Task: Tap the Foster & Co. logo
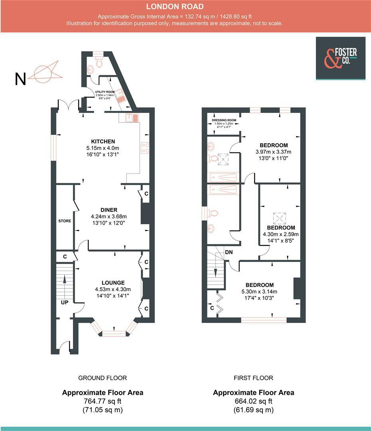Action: click(x=341, y=58)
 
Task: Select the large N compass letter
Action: click(x=20, y=79)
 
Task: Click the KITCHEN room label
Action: click(x=103, y=141)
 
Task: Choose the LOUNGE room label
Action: click(x=112, y=283)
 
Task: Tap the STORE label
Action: click(x=65, y=221)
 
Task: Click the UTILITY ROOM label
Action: click(x=105, y=92)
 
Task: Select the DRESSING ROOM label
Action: click(x=224, y=120)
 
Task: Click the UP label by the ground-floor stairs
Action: click(x=64, y=302)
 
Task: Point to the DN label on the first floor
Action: click(x=229, y=252)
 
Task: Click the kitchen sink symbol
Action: click(x=130, y=117)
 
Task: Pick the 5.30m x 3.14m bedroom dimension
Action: click(x=259, y=291)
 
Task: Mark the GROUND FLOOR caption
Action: click(x=103, y=378)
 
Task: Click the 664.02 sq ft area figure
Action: click(x=253, y=401)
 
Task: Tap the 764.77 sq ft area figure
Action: click(x=103, y=401)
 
